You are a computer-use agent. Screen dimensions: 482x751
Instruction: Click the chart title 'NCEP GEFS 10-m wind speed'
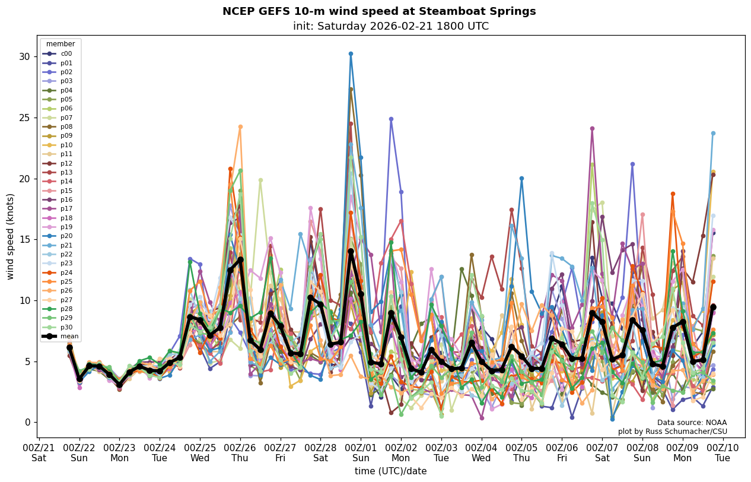(378, 11)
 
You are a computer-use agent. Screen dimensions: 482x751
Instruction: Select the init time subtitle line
(390, 26)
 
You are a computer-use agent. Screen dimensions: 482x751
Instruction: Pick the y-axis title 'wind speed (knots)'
(10, 236)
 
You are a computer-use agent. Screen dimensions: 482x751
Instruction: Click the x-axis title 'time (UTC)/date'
(390, 471)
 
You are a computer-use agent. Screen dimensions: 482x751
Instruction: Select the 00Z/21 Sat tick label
(39, 452)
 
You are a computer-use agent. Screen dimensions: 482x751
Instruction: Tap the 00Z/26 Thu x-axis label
(240, 452)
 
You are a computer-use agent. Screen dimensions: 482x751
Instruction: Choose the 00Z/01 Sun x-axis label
(361, 452)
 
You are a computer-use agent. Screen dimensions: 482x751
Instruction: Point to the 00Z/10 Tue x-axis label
(723, 452)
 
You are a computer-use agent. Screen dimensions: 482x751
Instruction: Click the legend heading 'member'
(61, 44)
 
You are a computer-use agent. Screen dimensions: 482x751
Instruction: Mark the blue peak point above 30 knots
(351, 54)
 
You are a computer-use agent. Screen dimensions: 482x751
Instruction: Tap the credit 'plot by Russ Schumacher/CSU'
(672, 432)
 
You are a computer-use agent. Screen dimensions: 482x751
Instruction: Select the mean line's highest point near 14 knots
(351, 252)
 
